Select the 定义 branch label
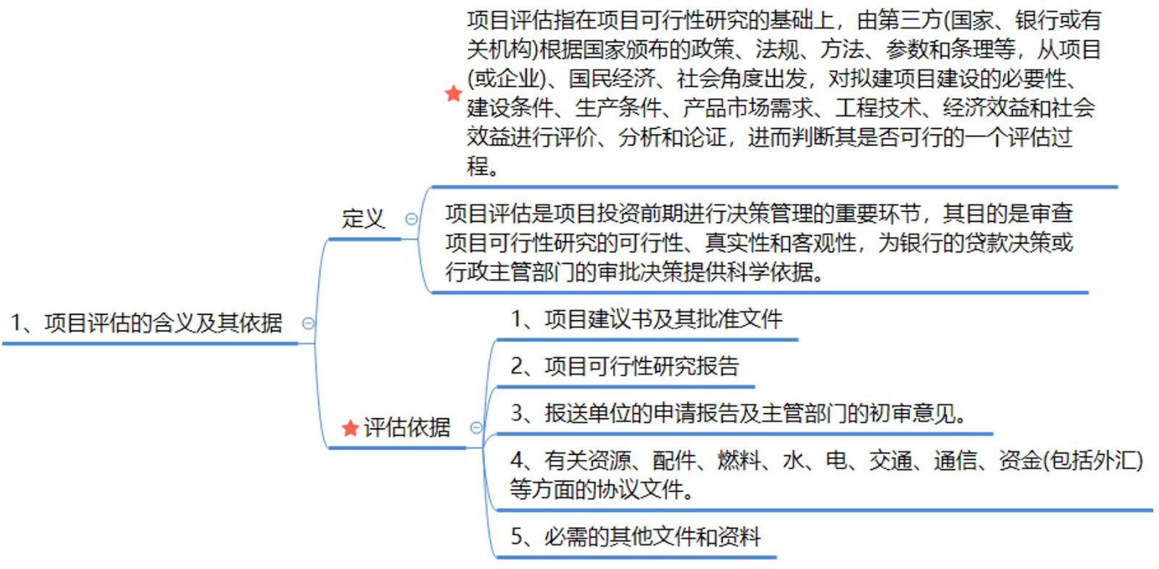tap(363, 218)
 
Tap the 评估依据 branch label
tap(407, 427)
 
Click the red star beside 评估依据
tap(351, 428)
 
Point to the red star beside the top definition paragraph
tap(454, 94)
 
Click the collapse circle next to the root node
tap(308, 323)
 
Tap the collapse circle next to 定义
tap(411, 218)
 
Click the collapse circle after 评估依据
tap(476, 427)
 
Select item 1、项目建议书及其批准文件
tap(647, 319)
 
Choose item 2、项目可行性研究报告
tap(624, 366)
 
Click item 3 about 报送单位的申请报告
tap(739, 413)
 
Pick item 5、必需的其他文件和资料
tap(636, 536)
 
